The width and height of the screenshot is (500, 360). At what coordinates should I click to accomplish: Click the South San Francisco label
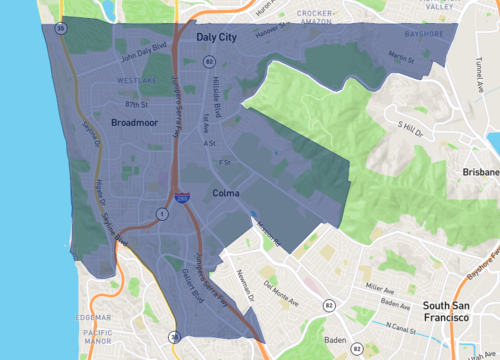coord(445,310)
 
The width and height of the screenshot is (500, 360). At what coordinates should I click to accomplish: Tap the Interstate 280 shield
coord(177,198)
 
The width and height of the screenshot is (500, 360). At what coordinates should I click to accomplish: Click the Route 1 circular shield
coord(160,214)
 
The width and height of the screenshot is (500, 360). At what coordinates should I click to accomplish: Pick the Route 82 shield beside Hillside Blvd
coord(209,61)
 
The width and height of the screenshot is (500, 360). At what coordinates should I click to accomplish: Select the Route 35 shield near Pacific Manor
coord(175,337)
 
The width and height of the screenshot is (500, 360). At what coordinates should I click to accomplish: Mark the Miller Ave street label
coord(380,287)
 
